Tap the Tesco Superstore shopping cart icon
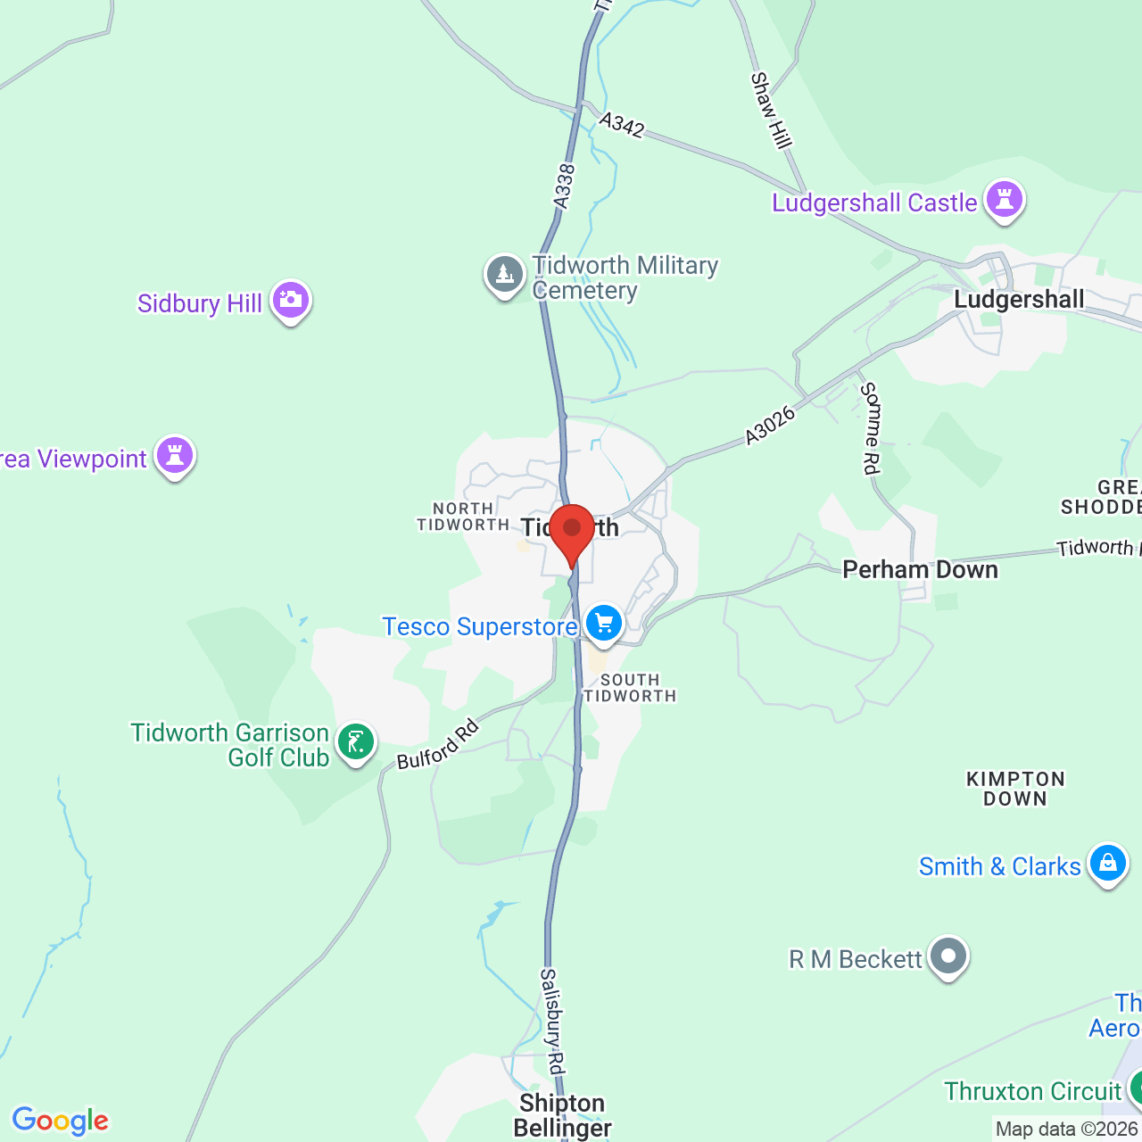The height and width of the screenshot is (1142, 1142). [604, 623]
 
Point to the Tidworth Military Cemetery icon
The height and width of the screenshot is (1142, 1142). [505, 274]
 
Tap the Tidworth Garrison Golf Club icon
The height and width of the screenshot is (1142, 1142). [356, 742]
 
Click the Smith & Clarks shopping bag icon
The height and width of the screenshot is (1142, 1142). [1108, 864]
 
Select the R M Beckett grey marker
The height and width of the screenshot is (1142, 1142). [948, 956]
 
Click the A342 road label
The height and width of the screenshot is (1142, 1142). [622, 125]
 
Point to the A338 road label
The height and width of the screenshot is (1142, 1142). [564, 186]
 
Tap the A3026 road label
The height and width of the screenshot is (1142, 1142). [770, 425]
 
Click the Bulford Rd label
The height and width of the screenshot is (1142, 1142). [438, 744]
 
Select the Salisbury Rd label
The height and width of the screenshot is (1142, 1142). [553, 1022]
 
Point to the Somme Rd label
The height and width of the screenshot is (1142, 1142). [870, 428]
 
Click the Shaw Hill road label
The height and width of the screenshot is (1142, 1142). [772, 110]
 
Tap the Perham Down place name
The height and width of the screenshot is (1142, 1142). [920, 569]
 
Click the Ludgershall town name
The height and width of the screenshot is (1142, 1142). [1019, 299]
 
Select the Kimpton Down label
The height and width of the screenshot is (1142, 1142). [1015, 789]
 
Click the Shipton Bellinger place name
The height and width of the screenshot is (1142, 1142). [562, 1115]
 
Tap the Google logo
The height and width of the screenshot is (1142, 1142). [61, 1121]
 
